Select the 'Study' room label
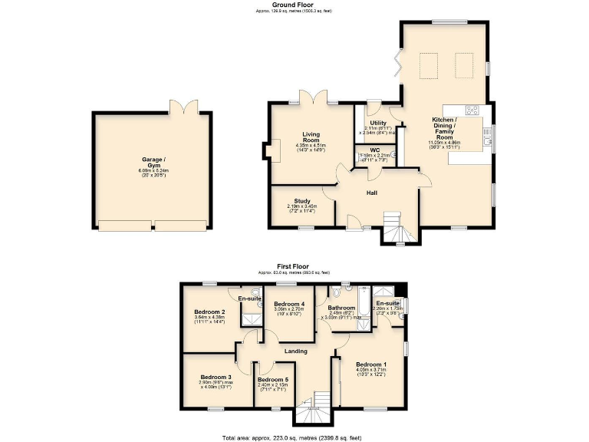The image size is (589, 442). [301, 201]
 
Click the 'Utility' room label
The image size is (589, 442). [377, 123]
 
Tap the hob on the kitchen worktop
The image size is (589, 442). [472, 109]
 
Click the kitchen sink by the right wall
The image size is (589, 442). [486, 137]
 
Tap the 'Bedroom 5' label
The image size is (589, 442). [273, 380]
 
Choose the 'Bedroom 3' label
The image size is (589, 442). [216, 377]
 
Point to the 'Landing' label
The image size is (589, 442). [296, 351]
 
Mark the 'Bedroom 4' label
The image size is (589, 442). [290, 304]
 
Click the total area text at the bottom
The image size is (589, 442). [294, 437]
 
